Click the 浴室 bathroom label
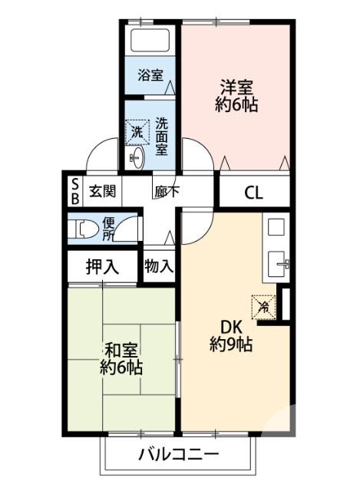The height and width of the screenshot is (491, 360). [x=150, y=75]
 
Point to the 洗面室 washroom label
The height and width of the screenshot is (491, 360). [x=162, y=136]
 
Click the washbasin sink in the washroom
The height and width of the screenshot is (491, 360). [x=137, y=159]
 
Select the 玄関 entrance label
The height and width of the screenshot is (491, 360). [x=101, y=191]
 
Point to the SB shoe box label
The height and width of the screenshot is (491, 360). [x=75, y=190]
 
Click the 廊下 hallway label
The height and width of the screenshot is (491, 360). [x=166, y=192]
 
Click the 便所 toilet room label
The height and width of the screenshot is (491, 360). [x=109, y=228]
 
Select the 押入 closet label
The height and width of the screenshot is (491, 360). [x=102, y=267]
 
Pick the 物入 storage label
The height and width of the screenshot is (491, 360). [x=159, y=266]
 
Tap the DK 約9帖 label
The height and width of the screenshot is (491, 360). [x=231, y=335]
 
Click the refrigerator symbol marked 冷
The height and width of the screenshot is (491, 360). [x=263, y=306]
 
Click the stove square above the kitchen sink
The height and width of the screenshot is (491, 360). [x=276, y=227]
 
